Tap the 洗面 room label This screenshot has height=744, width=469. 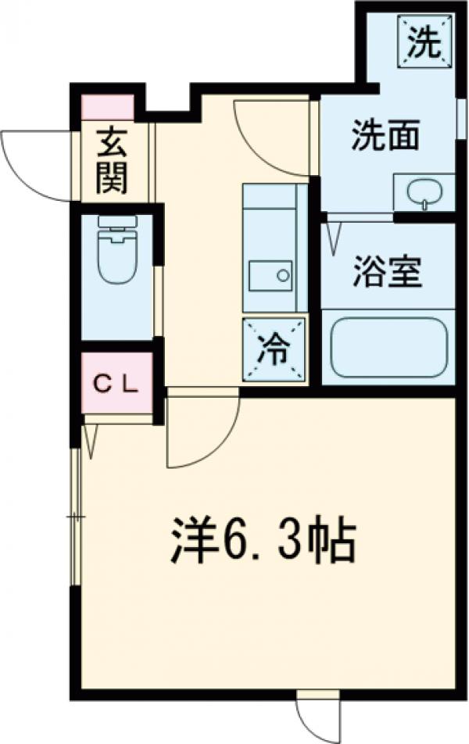point(385,137)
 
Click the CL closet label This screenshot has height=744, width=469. point(117,383)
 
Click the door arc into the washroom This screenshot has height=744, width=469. point(270,141)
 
